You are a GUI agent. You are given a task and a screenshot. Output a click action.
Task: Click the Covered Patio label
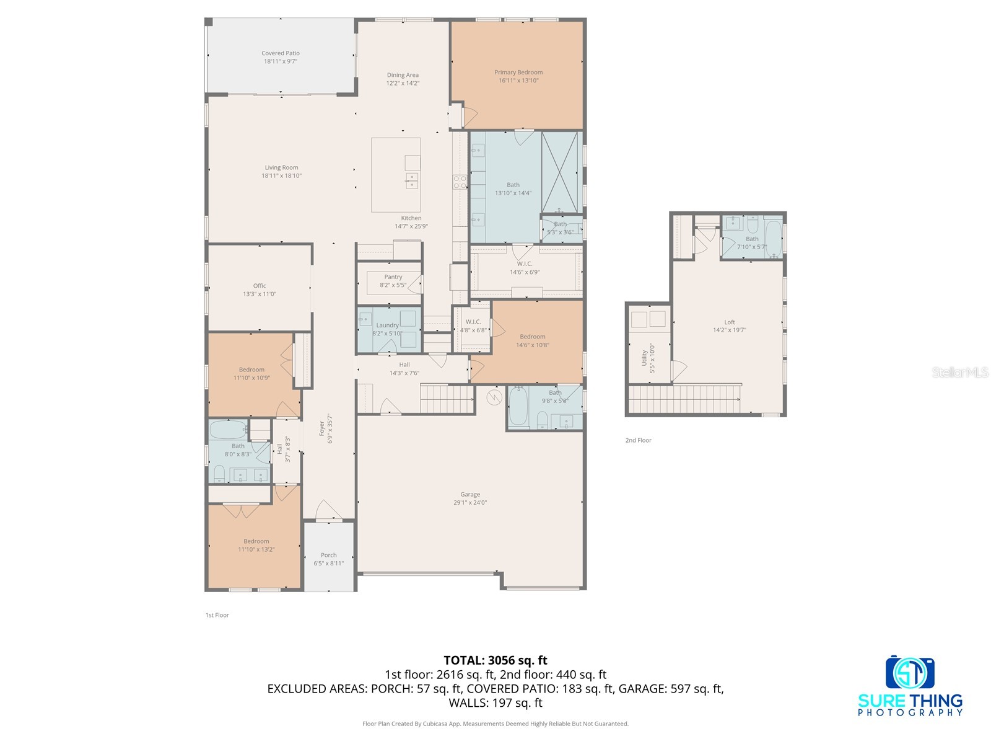point(281,53)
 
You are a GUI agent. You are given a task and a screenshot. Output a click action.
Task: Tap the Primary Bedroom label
point(518,73)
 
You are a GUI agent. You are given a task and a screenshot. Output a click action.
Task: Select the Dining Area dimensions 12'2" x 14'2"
point(403,83)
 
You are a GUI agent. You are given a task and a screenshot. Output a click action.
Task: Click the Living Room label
point(281,167)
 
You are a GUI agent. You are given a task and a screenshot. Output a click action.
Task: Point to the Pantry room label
point(393,277)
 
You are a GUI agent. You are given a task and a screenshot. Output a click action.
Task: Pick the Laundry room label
point(387,325)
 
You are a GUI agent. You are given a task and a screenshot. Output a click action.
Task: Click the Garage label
point(470,495)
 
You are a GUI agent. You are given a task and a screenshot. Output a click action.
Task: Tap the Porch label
point(329,555)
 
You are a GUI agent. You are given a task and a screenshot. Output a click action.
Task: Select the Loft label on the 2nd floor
point(730,322)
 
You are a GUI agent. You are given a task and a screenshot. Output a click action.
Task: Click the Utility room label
point(644,358)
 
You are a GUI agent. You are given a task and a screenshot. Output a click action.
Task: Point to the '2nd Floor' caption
point(638,440)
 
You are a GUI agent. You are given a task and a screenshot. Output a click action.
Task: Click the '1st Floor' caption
point(217,615)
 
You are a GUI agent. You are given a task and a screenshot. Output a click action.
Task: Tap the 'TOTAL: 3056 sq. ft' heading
point(495,660)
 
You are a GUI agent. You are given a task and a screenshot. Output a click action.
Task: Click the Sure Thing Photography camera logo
point(910,671)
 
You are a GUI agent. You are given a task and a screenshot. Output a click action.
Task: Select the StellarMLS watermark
point(960,372)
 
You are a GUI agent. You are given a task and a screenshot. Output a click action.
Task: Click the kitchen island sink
point(412,180)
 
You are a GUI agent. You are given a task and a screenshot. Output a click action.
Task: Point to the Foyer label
point(322,428)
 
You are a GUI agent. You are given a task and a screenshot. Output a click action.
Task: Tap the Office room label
point(259,286)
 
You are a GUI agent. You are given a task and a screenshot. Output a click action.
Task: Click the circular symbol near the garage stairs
point(494,397)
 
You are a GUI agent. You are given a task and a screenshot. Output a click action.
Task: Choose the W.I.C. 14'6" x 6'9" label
point(525,268)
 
